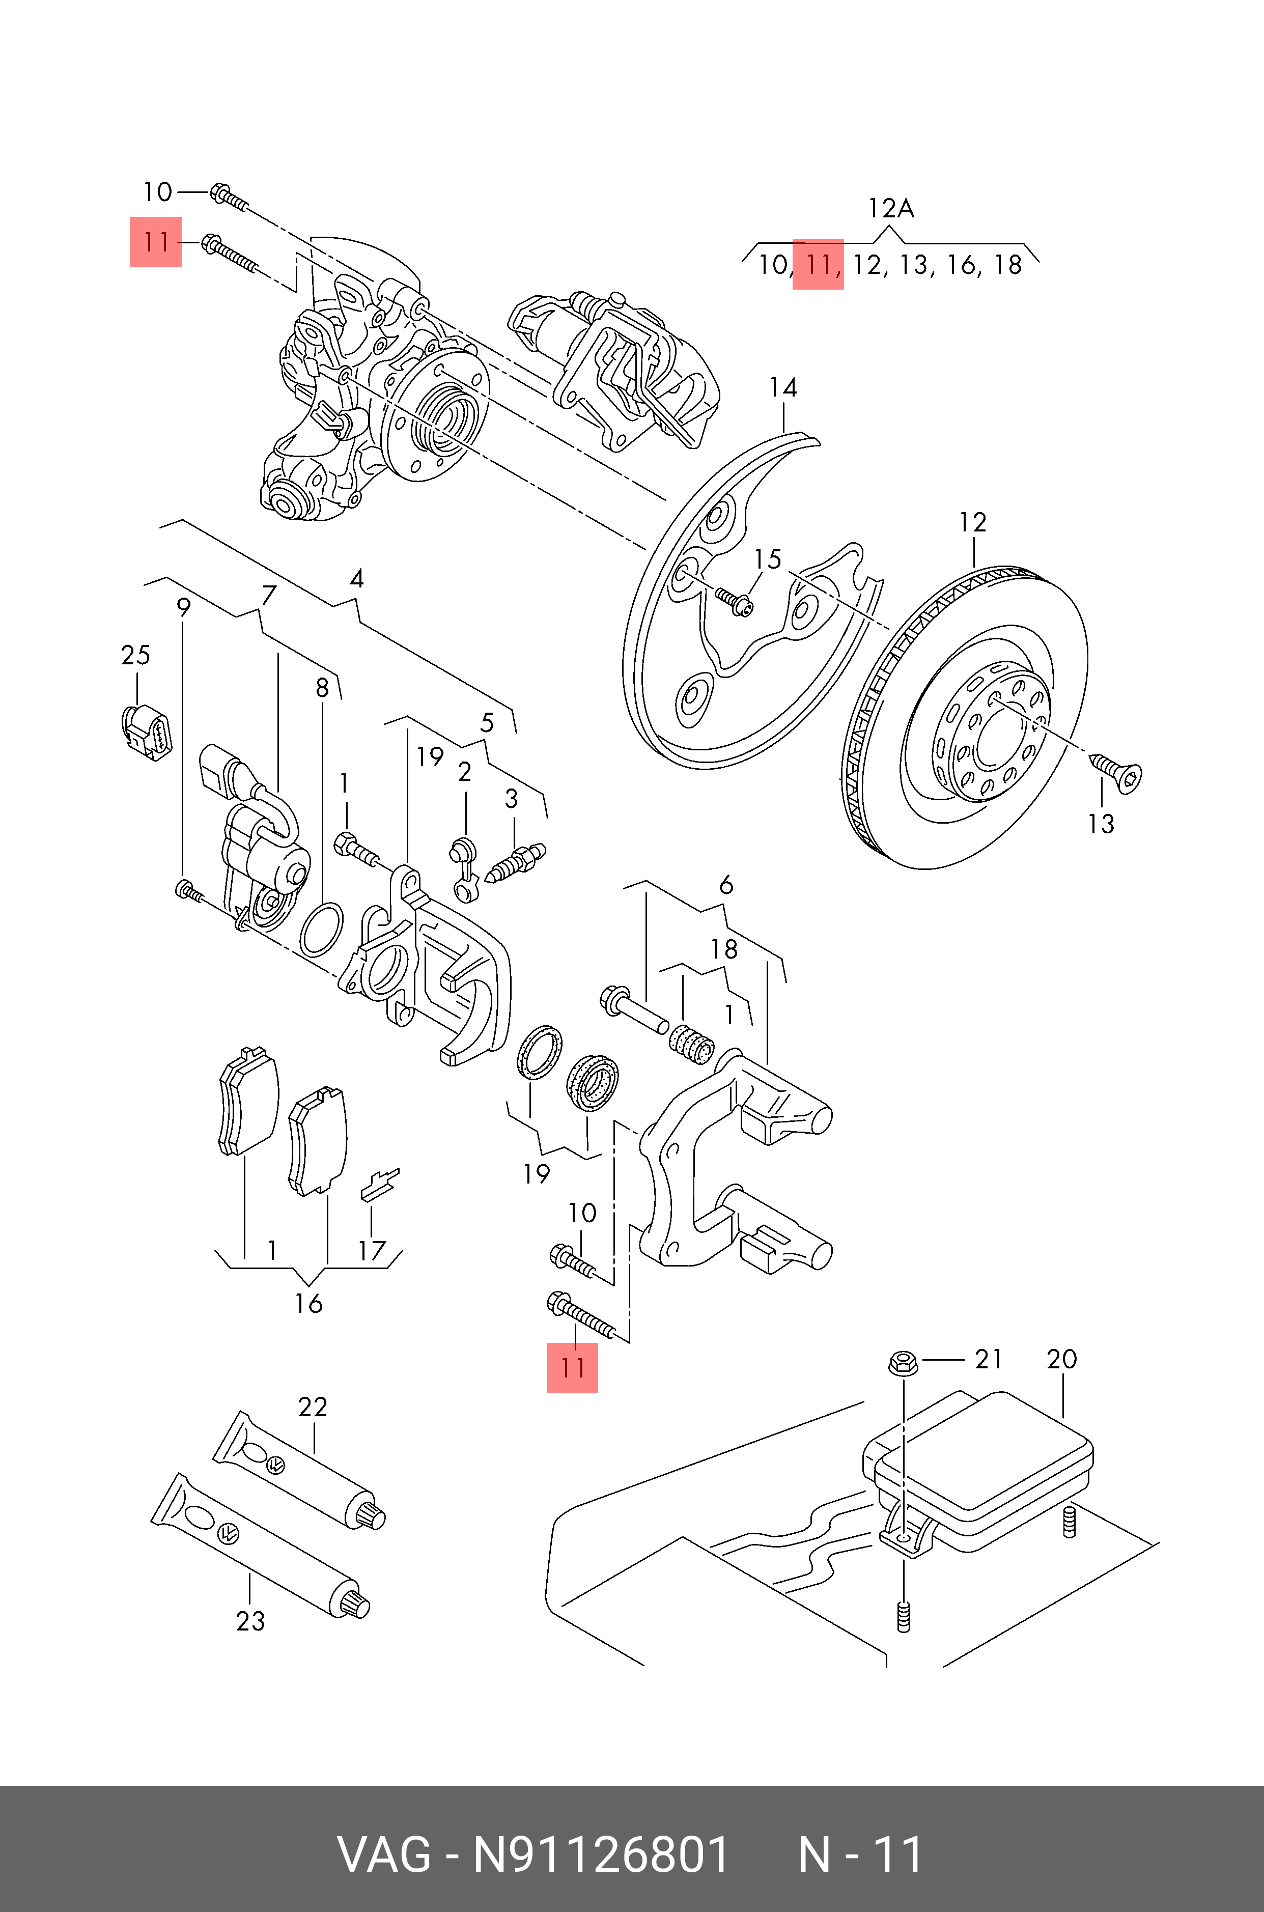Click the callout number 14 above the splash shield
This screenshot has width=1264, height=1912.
(x=783, y=388)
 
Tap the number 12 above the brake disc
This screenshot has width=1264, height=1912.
(x=972, y=522)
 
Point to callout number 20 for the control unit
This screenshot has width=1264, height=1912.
(x=1062, y=1359)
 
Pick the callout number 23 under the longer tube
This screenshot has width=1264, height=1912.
(x=250, y=1621)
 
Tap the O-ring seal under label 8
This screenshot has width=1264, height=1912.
(x=321, y=929)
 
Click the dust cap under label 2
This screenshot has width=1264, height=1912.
(x=464, y=852)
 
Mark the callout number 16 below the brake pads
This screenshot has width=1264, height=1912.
(x=308, y=1303)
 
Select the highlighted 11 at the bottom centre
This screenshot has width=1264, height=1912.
(x=572, y=1368)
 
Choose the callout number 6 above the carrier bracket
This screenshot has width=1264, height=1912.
(x=725, y=885)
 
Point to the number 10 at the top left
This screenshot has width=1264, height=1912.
(x=157, y=192)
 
